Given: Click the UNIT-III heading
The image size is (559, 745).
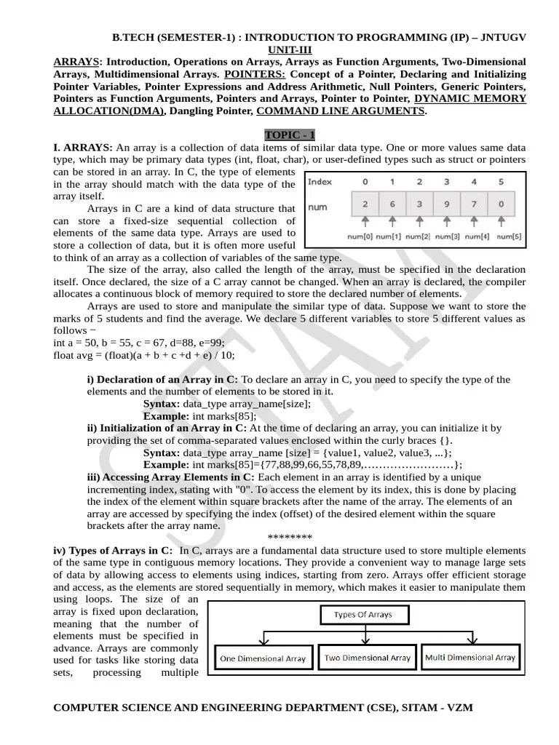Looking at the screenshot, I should pyautogui.click(x=290, y=48).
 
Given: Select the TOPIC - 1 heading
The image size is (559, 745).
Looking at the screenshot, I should pyautogui.click(x=290, y=135).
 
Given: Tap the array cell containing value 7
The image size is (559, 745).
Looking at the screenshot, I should pyautogui.click(x=473, y=204).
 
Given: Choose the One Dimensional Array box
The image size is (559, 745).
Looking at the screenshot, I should pyautogui.click(x=262, y=658).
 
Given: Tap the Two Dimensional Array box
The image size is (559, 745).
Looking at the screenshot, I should pyautogui.click(x=368, y=658).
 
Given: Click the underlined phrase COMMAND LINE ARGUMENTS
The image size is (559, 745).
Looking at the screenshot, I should pyautogui.click(x=341, y=111).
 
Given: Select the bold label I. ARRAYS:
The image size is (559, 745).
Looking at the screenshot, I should pyautogui.click(x=83, y=147).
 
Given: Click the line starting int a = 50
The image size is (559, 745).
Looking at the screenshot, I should pyautogui.click(x=139, y=343).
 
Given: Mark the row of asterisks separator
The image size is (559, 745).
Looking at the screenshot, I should pyautogui.click(x=290, y=538).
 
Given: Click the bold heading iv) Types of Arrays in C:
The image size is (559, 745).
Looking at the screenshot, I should pyautogui.click(x=113, y=551).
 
